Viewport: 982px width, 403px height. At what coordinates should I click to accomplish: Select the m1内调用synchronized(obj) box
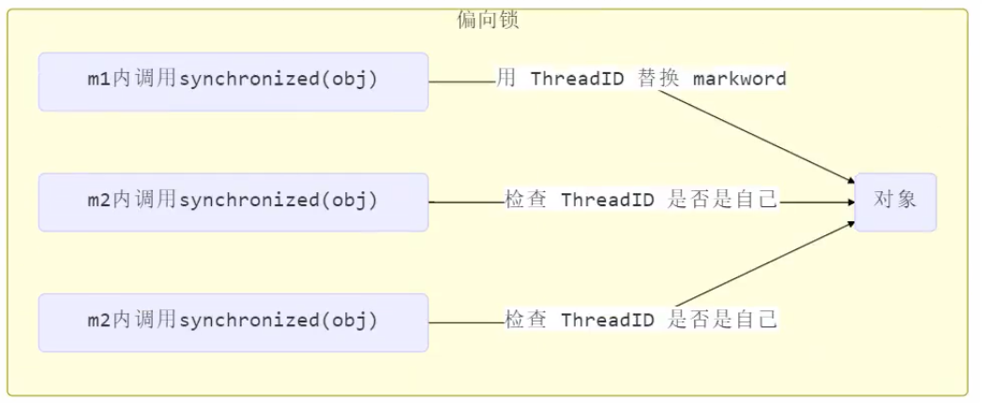coord(233,82)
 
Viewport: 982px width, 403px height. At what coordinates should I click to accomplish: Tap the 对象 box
coord(895,201)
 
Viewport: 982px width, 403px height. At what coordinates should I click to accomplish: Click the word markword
coord(739,79)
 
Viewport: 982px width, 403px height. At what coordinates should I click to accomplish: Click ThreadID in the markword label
coord(577,79)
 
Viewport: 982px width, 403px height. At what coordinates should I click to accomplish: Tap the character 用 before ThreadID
coord(506,79)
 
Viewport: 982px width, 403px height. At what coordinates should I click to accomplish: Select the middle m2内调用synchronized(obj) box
coord(233,201)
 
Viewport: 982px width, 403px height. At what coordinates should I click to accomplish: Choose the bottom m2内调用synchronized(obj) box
coord(233,321)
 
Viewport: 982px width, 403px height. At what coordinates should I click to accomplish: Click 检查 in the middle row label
coord(526,201)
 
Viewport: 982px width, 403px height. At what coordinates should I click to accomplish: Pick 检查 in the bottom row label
coord(526,321)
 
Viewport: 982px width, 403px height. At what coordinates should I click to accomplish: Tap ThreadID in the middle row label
coord(607,201)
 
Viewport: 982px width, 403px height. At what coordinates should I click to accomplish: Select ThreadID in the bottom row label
coord(607,321)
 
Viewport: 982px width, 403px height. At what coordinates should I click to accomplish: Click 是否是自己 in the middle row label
coord(722,201)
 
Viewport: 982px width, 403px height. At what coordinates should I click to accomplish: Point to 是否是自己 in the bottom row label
coord(722,321)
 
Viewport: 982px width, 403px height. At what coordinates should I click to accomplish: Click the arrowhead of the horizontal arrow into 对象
coord(849,201)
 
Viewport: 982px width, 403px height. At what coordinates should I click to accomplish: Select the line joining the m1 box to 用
coord(461,82)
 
